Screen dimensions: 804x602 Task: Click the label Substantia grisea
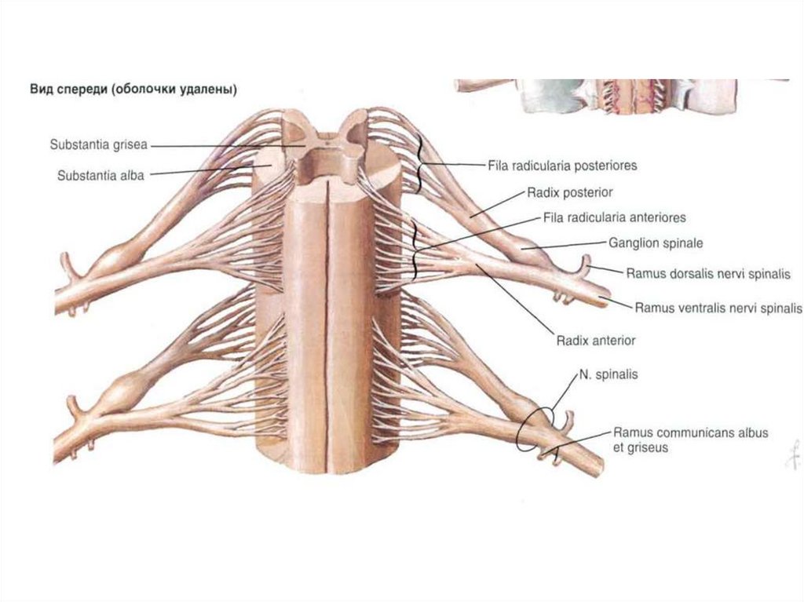coord(98,145)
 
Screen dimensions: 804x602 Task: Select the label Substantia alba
coord(100,176)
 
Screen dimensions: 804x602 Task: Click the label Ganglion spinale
coord(655,244)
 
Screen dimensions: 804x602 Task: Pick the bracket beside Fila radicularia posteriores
coord(422,163)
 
